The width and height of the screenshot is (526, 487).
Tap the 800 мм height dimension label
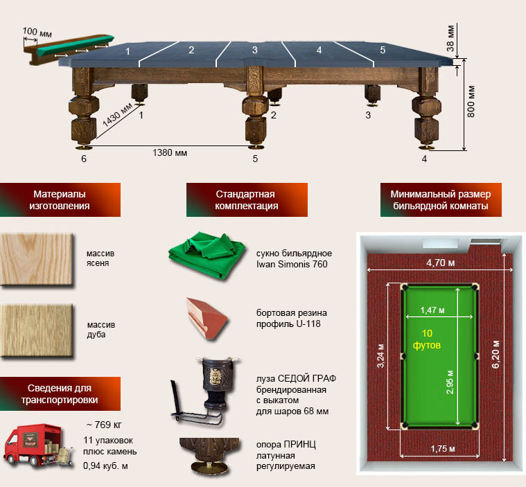471,102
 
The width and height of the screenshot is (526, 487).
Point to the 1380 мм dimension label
170,153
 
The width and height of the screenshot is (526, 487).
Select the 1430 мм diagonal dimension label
117,115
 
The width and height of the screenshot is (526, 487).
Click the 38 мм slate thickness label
450,38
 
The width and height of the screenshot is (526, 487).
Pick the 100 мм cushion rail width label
37,32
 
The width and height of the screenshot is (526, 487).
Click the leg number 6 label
84,159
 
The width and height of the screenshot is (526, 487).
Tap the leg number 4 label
424,159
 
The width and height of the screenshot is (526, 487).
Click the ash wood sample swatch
37,259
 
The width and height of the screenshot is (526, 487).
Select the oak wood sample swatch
37,330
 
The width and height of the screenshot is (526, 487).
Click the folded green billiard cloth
207,255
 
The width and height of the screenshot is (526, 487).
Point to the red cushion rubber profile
207,319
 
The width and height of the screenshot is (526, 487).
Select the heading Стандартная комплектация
247,200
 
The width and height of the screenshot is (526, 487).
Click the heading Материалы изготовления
60,200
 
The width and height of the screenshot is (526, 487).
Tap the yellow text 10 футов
427,339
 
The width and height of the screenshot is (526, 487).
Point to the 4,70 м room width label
441,263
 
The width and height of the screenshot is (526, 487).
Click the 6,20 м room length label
496,354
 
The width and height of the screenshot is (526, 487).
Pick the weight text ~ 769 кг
104,425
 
